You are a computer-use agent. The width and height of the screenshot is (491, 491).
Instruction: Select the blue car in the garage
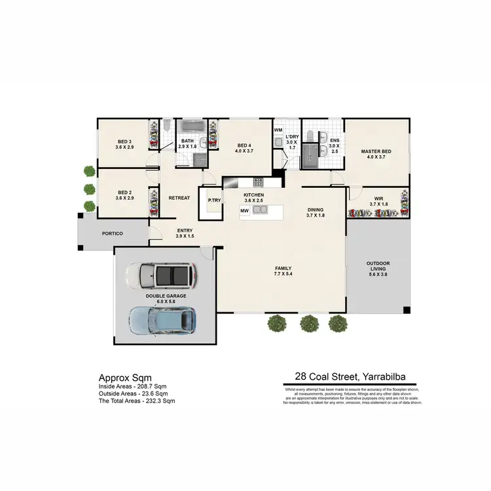[162, 319]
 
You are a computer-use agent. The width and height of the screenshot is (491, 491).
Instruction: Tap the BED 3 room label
[124, 141]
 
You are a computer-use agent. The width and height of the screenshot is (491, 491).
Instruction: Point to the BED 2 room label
[124, 192]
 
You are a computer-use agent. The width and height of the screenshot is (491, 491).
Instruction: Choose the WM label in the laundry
[278, 130]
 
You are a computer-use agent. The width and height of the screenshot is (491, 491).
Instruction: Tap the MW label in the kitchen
[244, 211]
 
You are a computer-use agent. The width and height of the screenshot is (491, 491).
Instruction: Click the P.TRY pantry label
[213, 201]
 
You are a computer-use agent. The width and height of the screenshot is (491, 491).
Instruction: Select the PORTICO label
[112, 234]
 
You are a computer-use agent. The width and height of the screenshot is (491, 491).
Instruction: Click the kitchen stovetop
[258, 183]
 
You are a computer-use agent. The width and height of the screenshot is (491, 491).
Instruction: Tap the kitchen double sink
[260, 210]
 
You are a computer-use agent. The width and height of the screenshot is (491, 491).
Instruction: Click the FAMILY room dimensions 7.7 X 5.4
[283, 274]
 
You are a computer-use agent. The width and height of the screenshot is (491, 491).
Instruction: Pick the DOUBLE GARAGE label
[166, 296]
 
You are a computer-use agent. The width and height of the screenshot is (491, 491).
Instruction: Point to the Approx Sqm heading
[125, 378]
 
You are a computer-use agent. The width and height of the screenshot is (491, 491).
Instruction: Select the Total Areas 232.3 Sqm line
[137, 400]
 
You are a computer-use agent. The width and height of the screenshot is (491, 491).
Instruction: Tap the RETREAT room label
[179, 198]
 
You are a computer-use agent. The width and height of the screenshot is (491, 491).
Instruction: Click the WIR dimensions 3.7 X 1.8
[378, 204]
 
